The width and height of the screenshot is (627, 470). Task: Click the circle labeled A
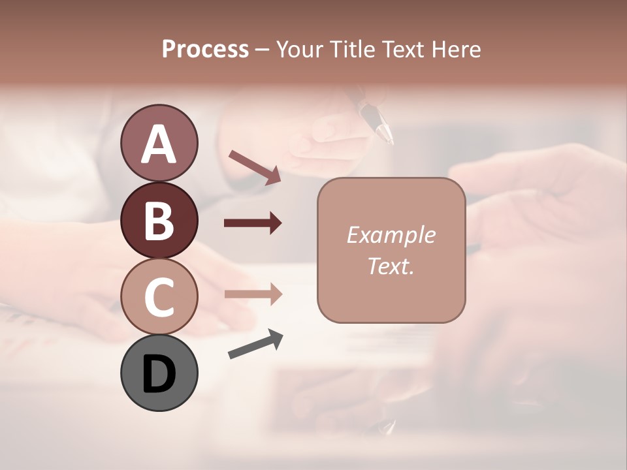[159, 143]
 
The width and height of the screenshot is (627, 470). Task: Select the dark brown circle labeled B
[159, 220]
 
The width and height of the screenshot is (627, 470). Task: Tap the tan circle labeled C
[159, 296]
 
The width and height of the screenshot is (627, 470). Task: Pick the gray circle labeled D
[159, 373]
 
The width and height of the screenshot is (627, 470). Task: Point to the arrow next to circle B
[253, 223]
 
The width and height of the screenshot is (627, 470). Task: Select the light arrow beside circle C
[253, 294]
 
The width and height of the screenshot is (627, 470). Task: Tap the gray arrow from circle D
[255, 344]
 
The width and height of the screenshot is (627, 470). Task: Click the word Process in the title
[205, 50]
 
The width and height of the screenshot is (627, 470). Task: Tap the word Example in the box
[391, 235]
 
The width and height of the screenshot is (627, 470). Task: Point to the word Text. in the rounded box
[391, 266]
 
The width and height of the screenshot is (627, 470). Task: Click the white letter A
[159, 144]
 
